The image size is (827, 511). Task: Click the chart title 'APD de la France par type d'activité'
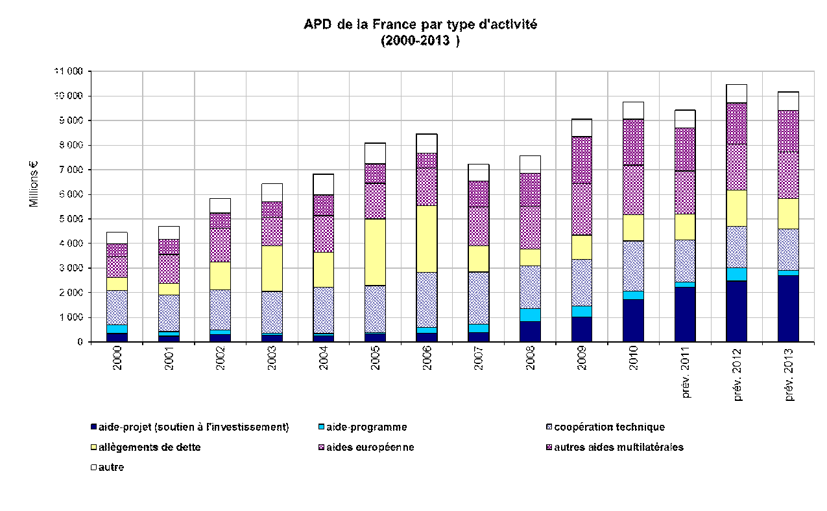click(x=420, y=25)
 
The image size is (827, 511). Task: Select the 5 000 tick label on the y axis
click(x=70, y=219)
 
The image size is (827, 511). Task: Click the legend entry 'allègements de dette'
click(x=150, y=448)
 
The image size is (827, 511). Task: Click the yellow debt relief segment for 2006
click(x=427, y=239)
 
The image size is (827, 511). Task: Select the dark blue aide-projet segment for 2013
click(x=788, y=308)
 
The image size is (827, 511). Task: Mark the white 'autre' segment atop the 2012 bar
click(x=736, y=94)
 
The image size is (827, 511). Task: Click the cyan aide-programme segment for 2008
click(x=530, y=315)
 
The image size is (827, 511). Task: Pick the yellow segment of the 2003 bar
click(x=272, y=268)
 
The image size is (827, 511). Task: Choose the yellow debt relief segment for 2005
click(x=375, y=252)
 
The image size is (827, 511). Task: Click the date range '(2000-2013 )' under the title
click(x=420, y=41)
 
